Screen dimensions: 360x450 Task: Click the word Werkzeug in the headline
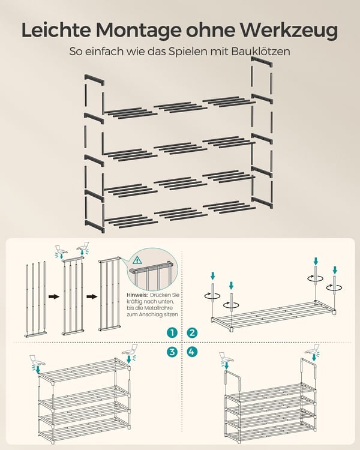[289, 30]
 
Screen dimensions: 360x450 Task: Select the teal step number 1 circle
[172, 332]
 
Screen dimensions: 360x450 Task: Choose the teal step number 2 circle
[192, 332]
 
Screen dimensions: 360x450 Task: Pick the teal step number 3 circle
[172, 352]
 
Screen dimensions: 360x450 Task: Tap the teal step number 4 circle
[192, 352]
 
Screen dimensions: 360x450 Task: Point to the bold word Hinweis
[137, 295]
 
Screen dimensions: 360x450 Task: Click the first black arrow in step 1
[53, 296]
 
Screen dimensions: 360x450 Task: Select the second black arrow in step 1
[92, 296]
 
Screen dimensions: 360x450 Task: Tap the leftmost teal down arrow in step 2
[212, 276]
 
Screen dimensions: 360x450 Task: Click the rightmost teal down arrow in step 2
[334, 270]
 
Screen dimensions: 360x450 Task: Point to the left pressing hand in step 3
[37, 362]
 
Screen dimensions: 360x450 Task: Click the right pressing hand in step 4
[313, 351]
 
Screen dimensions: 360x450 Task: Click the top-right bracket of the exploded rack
[261, 62]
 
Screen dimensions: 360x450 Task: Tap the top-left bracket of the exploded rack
[94, 80]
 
